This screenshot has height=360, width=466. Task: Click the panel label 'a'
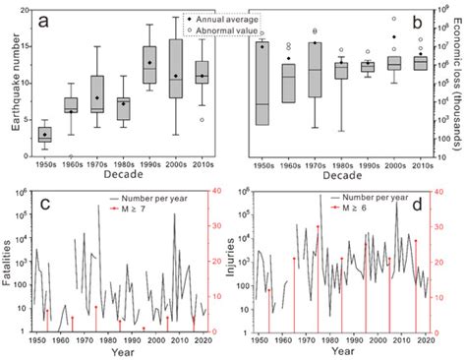[43, 20]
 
